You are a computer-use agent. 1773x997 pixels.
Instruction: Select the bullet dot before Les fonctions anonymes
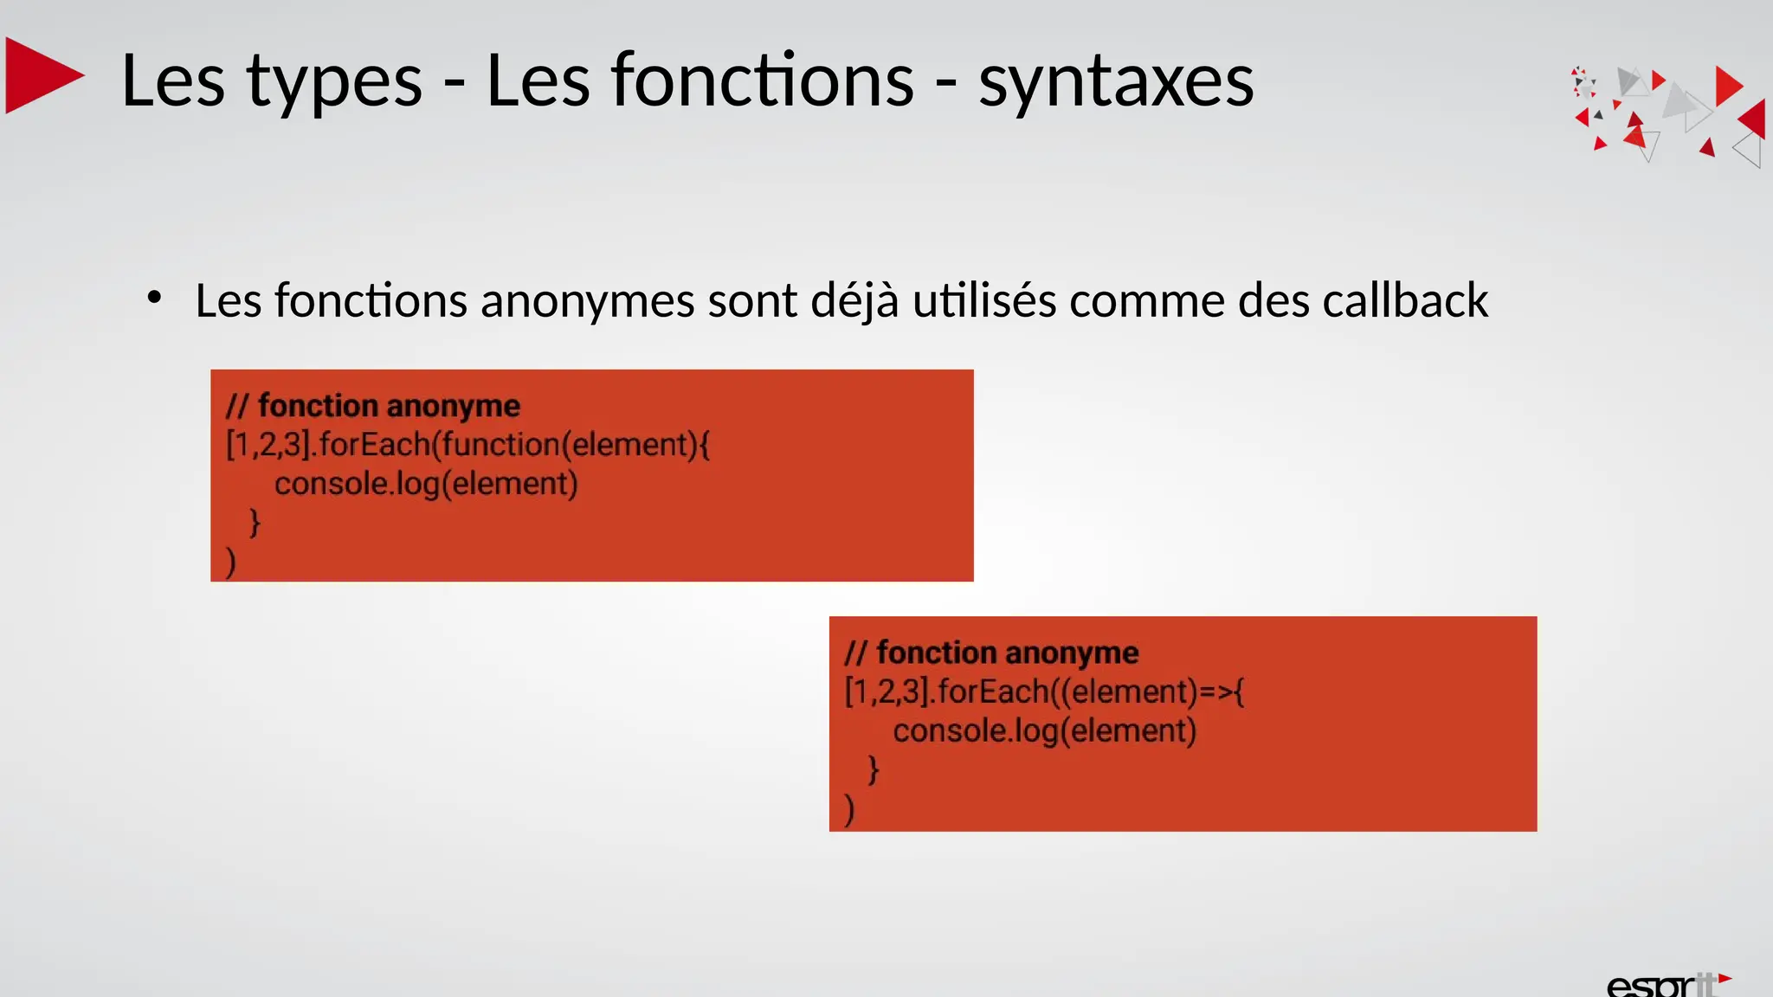click(x=155, y=299)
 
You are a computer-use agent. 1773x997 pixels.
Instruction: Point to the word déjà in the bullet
click(x=854, y=302)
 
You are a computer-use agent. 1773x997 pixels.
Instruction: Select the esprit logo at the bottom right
click(x=1666, y=984)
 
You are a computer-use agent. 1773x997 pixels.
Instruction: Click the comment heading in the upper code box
click(x=373, y=405)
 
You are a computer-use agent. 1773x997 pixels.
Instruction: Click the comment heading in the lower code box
click(x=991, y=653)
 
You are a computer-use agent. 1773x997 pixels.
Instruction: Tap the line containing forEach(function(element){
click(x=467, y=445)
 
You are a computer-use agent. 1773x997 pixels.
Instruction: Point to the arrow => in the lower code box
click(x=1217, y=691)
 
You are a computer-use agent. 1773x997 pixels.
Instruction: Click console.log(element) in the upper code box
click(x=426, y=484)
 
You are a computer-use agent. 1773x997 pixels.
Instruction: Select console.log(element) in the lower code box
click(x=1044, y=731)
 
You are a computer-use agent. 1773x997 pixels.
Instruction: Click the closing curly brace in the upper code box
click(x=255, y=523)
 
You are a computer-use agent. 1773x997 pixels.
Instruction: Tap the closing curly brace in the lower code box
click(x=874, y=769)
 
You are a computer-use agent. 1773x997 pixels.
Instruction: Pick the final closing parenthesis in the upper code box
click(x=231, y=562)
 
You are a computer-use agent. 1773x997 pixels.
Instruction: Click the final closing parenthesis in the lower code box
click(x=849, y=809)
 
